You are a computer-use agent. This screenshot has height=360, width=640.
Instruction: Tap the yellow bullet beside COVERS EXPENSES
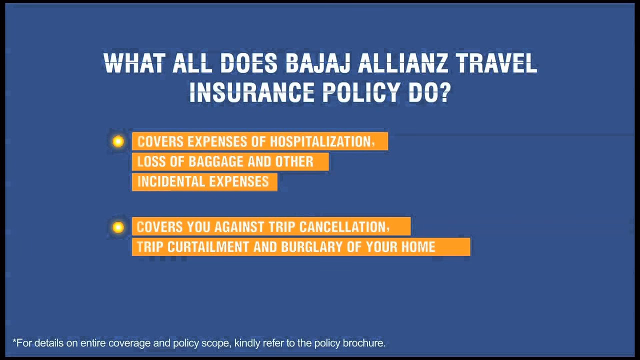pos(118,141)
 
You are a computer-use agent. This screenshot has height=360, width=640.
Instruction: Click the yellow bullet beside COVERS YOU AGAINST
pos(118,227)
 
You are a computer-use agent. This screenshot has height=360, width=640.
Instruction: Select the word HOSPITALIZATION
pos(320,141)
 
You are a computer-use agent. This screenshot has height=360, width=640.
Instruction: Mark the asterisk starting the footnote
pos(14,342)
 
